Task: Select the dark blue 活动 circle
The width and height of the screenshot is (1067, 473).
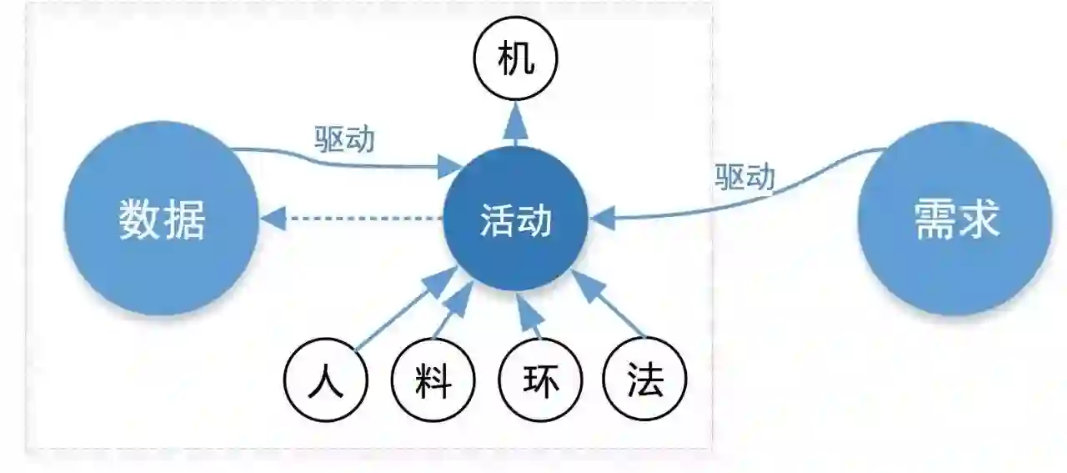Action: click(x=516, y=219)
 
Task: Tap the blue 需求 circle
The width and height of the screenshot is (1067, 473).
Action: click(x=954, y=219)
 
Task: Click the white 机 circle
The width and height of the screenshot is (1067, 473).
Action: click(x=515, y=59)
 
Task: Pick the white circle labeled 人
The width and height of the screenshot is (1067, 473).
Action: click(x=325, y=382)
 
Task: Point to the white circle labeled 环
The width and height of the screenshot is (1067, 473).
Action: click(x=540, y=382)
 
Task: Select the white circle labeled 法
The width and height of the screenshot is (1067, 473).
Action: click(x=645, y=382)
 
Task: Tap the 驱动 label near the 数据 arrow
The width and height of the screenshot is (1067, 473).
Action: click(x=344, y=138)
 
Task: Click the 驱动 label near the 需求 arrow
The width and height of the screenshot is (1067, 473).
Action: click(x=744, y=177)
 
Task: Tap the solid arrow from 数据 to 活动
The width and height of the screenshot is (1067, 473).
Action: click(x=350, y=165)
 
